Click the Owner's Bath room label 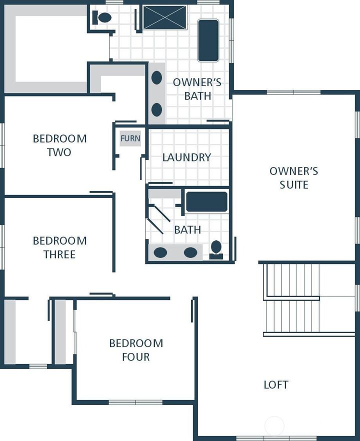click(197, 89)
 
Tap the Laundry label click(186, 157)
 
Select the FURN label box click(130, 138)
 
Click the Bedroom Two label click(59, 145)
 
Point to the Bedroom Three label click(59, 247)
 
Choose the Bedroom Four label click(136, 350)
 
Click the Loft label click(276, 384)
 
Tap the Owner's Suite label click(293, 178)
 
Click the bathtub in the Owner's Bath click(208, 40)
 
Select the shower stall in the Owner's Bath click(164, 17)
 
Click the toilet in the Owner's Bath click(103, 18)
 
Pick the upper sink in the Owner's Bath click(156, 78)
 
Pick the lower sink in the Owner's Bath click(156, 109)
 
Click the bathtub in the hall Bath click(206, 202)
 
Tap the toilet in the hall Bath click(216, 248)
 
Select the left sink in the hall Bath click(160, 252)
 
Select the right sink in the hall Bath click(190, 252)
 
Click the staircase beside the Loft click(291, 299)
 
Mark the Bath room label click(187, 230)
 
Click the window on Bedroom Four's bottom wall click(135, 402)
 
